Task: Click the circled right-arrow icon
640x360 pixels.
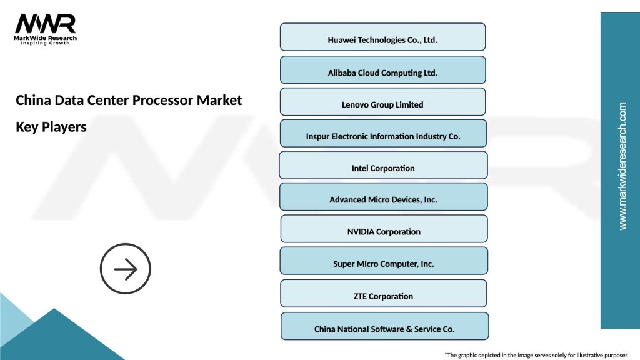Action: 126,269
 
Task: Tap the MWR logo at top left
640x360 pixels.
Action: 46,24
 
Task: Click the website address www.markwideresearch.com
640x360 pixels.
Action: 622,166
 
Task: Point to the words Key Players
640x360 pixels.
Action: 51,126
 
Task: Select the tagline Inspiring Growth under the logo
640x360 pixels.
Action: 46,43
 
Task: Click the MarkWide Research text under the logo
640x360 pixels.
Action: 46,37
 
